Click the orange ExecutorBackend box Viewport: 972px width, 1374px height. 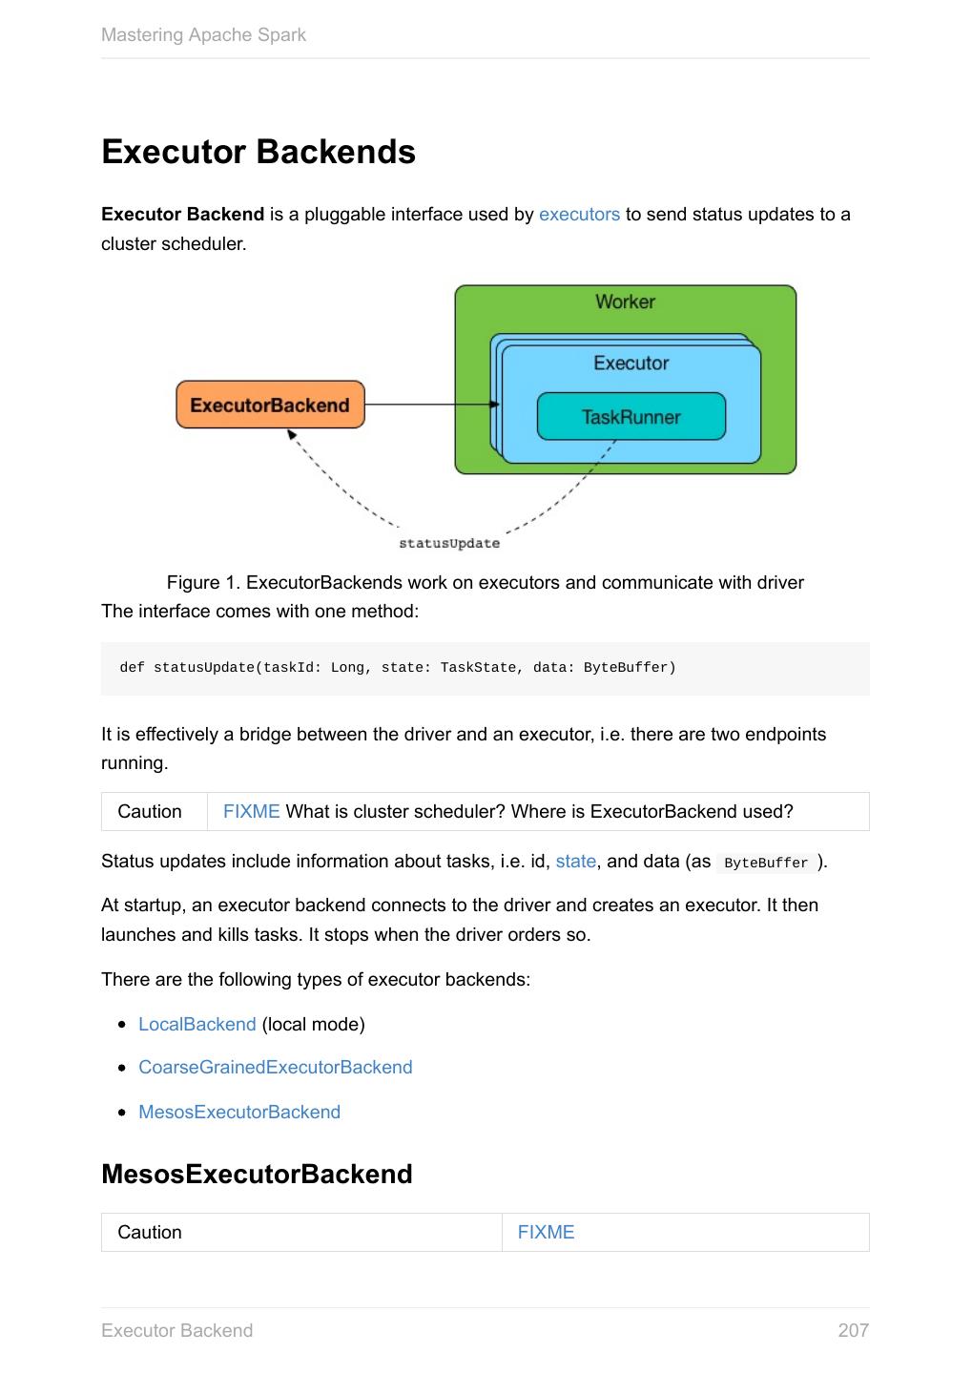(x=270, y=406)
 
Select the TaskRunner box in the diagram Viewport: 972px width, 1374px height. (x=631, y=417)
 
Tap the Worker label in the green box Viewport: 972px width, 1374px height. (x=625, y=302)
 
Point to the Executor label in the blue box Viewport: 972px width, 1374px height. (x=631, y=363)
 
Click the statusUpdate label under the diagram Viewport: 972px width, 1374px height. (x=448, y=543)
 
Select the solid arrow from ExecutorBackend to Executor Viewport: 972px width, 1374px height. (x=429, y=405)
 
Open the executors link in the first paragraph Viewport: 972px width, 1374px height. (x=579, y=215)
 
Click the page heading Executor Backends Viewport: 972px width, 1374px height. (x=259, y=153)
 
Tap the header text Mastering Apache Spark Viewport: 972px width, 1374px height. (x=203, y=35)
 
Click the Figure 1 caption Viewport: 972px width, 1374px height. (x=485, y=582)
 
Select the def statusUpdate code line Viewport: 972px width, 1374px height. (x=397, y=668)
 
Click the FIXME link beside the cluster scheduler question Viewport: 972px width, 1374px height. (x=251, y=812)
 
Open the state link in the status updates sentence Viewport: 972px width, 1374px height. (x=575, y=862)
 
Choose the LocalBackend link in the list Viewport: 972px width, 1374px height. (x=196, y=1025)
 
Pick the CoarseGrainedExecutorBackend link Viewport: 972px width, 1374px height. (x=275, y=1068)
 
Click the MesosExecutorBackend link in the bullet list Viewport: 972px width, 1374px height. (x=238, y=1113)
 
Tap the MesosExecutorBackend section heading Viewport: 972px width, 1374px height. (x=257, y=1175)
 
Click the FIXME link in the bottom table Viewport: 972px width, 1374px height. (x=546, y=1233)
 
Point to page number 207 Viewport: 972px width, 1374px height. (x=853, y=1331)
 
